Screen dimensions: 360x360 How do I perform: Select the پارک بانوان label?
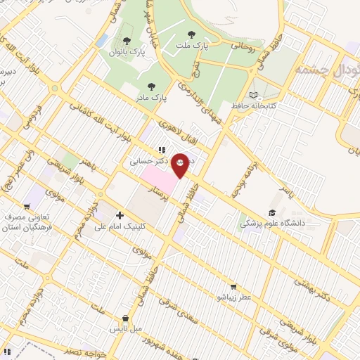(127, 52)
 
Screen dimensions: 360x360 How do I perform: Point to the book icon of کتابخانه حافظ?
(253, 95)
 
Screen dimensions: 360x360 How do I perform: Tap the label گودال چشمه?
(328, 69)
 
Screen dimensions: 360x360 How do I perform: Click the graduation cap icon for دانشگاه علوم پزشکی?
(271, 213)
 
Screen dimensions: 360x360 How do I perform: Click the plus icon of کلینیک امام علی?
(120, 215)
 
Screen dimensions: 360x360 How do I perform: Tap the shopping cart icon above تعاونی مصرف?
(27, 207)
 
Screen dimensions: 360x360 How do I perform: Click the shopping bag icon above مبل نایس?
(125, 318)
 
